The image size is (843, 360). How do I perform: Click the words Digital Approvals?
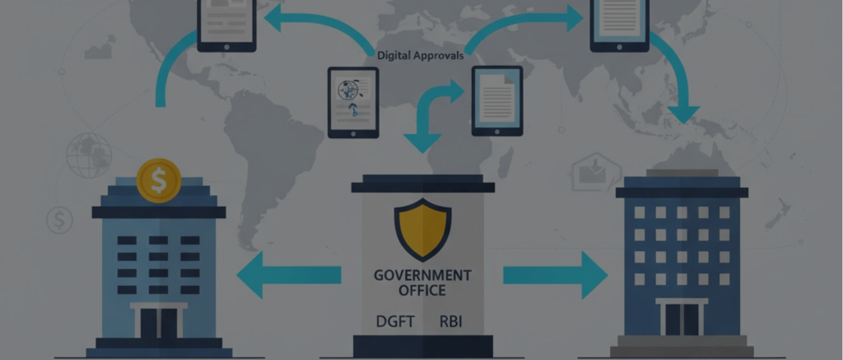pyautogui.click(x=420, y=56)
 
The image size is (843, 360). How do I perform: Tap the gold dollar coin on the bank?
pyautogui.click(x=159, y=180)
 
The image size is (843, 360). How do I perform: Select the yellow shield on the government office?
pyautogui.click(x=422, y=229)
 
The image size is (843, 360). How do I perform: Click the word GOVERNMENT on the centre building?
pyautogui.click(x=422, y=275)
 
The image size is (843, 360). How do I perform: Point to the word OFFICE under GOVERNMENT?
pyautogui.click(x=422, y=291)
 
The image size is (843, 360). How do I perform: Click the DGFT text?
pyautogui.click(x=395, y=321)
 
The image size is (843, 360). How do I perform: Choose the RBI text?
pyautogui.click(x=451, y=321)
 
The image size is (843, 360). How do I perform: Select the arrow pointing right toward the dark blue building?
pyautogui.click(x=555, y=275)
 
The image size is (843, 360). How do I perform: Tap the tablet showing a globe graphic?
pyautogui.click(x=353, y=102)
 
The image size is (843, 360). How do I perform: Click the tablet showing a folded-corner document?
pyautogui.click(x=497, y=100)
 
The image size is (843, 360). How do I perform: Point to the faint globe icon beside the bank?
pyautogui.click(x=89, y=155)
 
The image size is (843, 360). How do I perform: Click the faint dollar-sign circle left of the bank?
pyautogui.click(x=59, y=220)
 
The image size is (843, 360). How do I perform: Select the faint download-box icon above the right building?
pyautogui.click(x=596, y=172)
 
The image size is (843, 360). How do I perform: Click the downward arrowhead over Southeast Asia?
pyautogui.click(x=683, y=114)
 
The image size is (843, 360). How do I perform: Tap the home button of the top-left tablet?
pyautogui.click(x=227, y=47)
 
